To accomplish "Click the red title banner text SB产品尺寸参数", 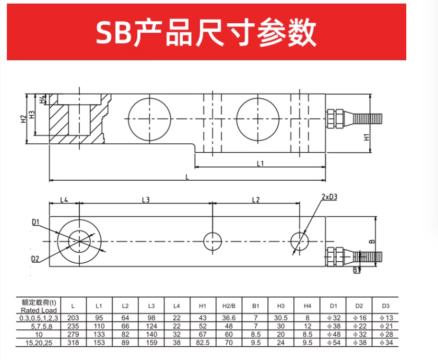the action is [x=206, y=32].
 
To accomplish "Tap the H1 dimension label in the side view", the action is [x=367, y=137].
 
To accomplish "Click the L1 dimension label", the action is [x=260, y=163].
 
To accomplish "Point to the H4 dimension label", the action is [x=42, y=99].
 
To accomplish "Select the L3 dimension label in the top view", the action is [x=145, y=200].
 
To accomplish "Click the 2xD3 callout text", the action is [x=329, y=197].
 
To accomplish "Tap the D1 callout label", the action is [x=35, y=222].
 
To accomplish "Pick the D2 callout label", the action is [x=35, y=259].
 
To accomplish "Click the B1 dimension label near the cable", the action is [x=357, y=270].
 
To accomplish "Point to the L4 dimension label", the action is [x=64, y=200].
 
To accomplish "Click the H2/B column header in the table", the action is [x=229, y=306].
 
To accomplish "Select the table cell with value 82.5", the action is [x=202, y=343].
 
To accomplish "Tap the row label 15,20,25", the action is [x=39, y=343].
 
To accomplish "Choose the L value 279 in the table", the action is [x=73, y=334].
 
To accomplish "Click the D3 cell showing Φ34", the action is [x=386, y=343].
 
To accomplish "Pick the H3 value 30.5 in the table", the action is [x=281, y=318].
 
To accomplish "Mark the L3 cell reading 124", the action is [x=152, y=326].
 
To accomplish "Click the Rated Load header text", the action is [x=39, y=310].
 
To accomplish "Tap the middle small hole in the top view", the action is [x=212, y=241].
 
